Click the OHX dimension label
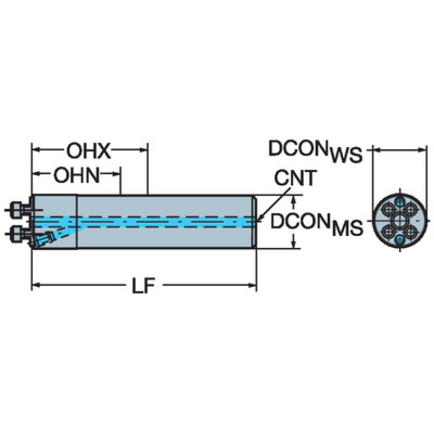89,151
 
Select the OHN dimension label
76,175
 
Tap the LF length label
143,286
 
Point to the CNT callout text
295,178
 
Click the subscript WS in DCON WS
346,155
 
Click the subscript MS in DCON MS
347,228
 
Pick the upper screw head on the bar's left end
15,210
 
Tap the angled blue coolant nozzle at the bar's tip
44,239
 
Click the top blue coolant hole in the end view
399,202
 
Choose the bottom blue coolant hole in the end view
399,240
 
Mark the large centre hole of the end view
399,221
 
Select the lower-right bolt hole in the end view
411,232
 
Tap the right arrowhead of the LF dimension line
253,285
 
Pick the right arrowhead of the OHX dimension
144,150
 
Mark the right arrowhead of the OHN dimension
117,174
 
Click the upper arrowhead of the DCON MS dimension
294,199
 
